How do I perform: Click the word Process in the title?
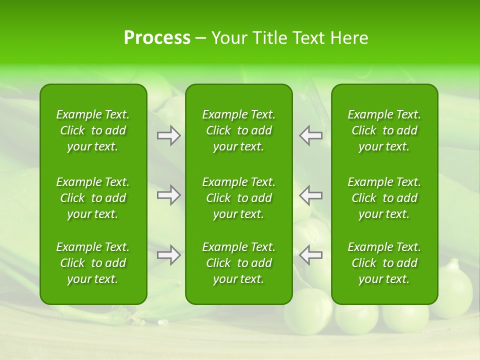(x=157, y=38)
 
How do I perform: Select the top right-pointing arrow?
(x=169, y=135)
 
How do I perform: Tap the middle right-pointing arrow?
(x=169, y=195)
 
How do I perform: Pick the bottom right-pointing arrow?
(x=169, y=255)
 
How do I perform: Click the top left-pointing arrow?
(x=310, y=135)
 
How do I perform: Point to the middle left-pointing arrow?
(x=310, y=195)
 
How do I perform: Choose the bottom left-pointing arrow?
(x=310, y=255)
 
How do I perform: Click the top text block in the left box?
(x=93, y=130)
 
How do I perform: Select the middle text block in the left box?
(x=93, y=198)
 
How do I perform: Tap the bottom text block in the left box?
(x=93, y=263)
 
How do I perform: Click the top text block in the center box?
(x=239, y=130)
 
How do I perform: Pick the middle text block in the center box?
(x=239, y=198)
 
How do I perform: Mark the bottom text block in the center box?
(x=239, y=263)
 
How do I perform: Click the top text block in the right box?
(x=384, y=130)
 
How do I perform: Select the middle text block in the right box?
(x=384, y=198)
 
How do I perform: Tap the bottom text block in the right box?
(x=384, y=263)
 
